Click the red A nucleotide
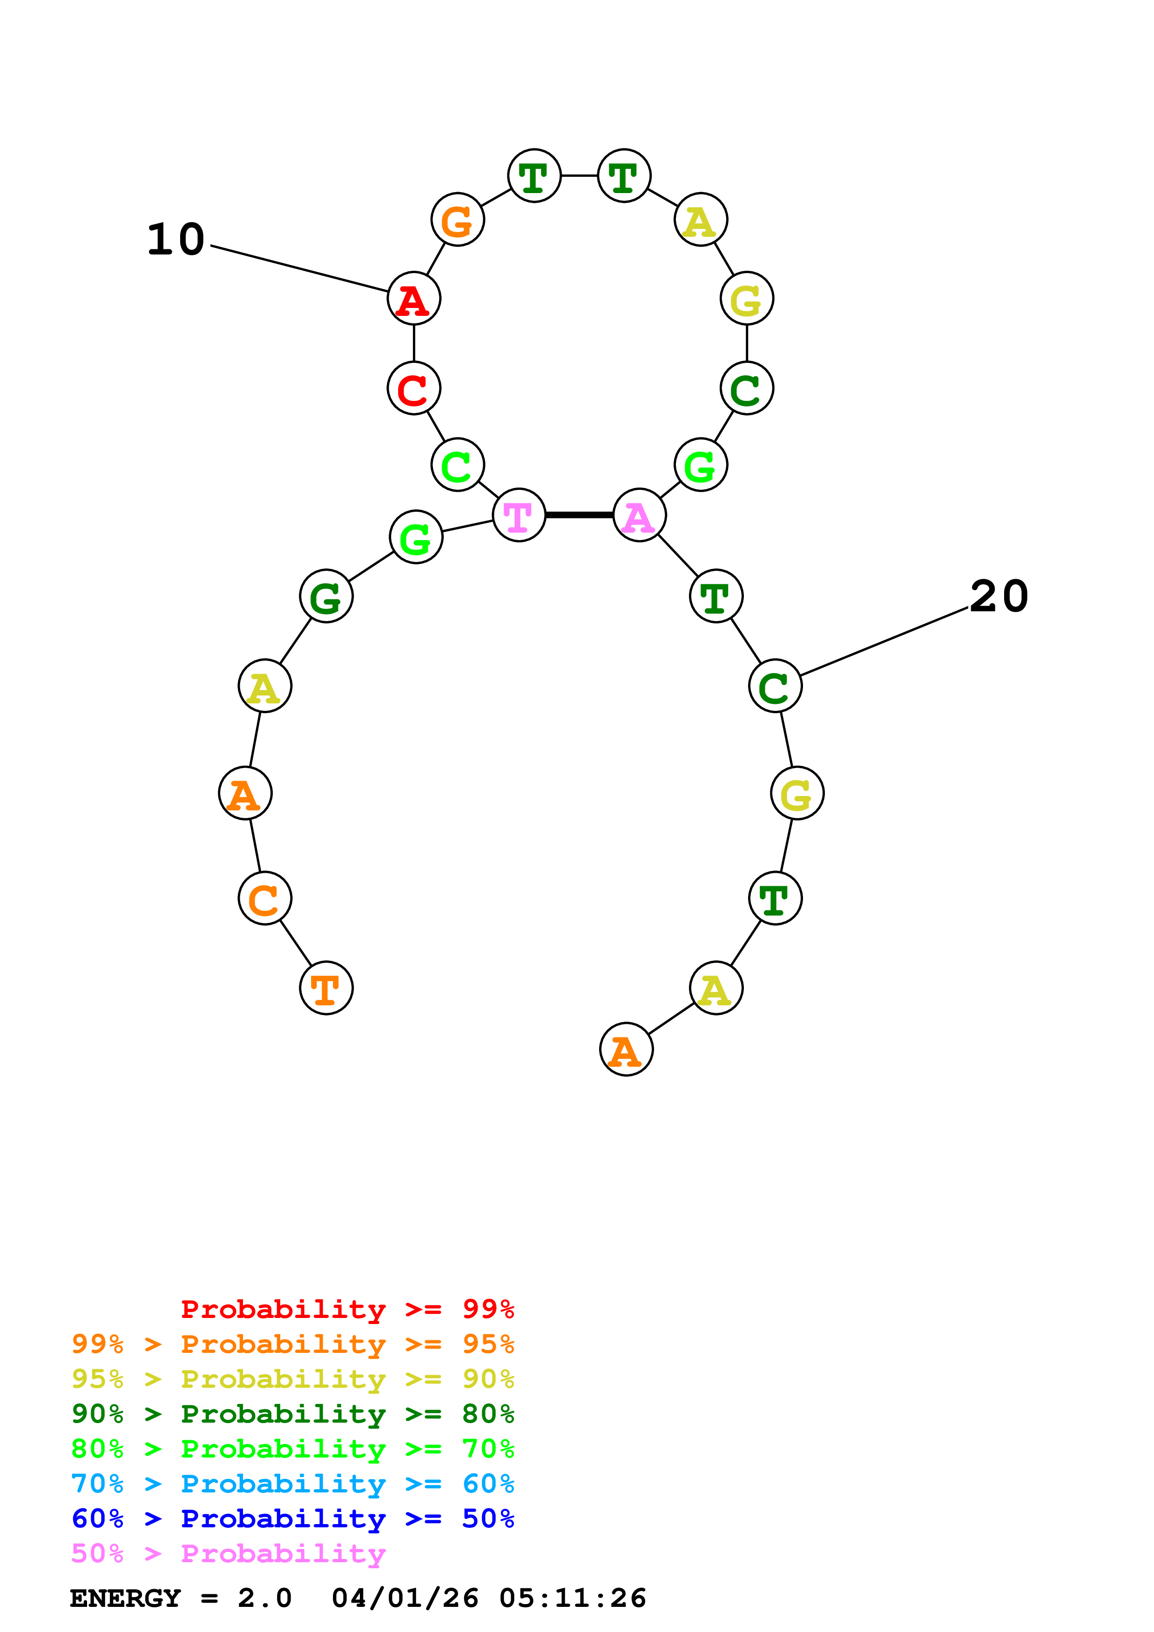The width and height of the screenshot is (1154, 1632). tap(414, 299)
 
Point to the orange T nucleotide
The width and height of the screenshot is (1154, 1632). tap(326, 988)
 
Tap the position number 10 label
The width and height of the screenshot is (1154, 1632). tap(175, 240)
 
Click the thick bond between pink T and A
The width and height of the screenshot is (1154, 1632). tap(580, 515)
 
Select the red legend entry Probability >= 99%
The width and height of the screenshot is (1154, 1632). tap(347, 1309)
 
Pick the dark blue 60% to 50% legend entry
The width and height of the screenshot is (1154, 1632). tap(293, 1518)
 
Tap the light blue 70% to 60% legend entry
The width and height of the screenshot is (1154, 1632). tap(293, 1484)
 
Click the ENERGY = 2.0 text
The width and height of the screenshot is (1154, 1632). tap(181, 1598)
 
